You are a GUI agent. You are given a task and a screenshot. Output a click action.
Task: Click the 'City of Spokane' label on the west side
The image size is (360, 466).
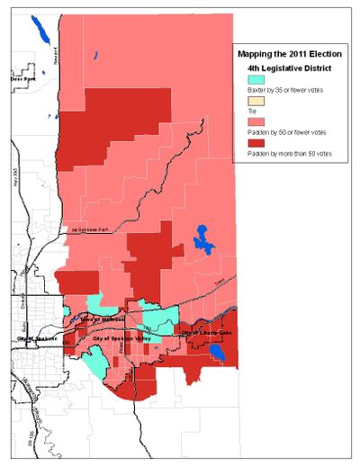pyautogui.click(x=36, y=337)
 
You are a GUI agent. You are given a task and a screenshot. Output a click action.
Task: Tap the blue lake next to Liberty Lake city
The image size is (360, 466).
pyautogui.click(x=217, y=353)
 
